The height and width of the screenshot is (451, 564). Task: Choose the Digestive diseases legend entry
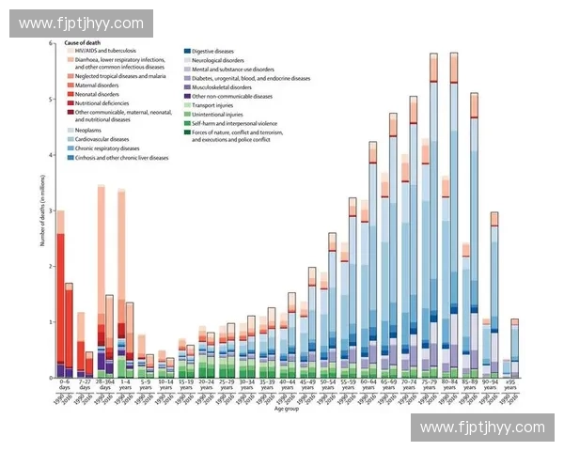point(212,50)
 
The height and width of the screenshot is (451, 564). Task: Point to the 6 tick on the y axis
point(52,43)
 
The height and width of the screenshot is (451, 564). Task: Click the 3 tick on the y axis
point(52,210)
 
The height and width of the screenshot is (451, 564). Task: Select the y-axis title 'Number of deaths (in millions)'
point(42,210)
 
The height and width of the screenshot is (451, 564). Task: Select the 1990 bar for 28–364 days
point(101,282)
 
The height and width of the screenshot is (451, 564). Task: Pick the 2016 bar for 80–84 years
point(454,215)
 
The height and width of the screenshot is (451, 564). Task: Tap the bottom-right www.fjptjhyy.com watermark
point(482,428)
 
